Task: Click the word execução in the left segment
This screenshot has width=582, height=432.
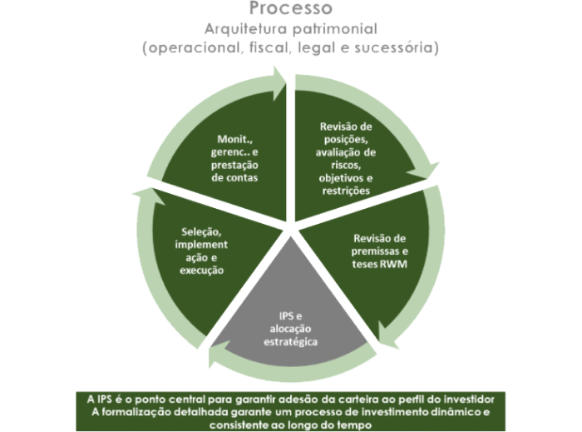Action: click(x=200, y=271)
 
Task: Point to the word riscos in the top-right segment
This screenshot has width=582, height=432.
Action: click(x=348, y=166)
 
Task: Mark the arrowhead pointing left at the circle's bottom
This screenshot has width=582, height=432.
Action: click(x=215, y=357)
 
